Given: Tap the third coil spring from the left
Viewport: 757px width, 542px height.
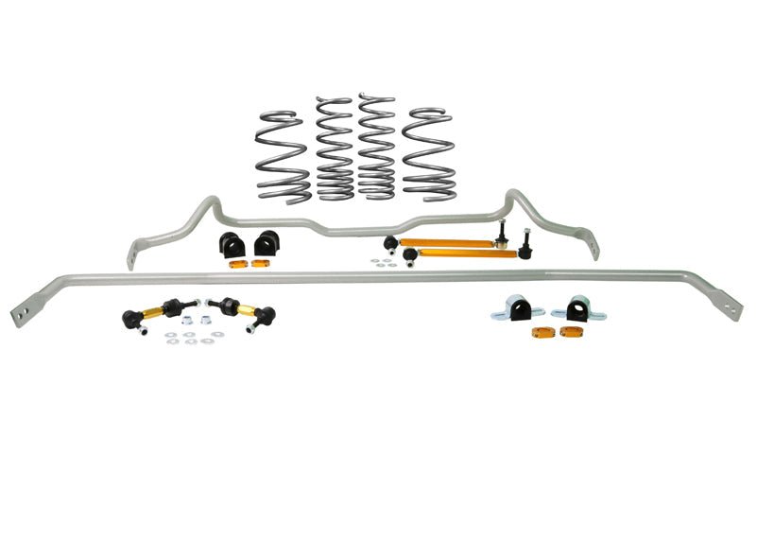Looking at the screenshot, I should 376,147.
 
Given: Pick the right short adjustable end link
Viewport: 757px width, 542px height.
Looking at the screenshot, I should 240,312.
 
